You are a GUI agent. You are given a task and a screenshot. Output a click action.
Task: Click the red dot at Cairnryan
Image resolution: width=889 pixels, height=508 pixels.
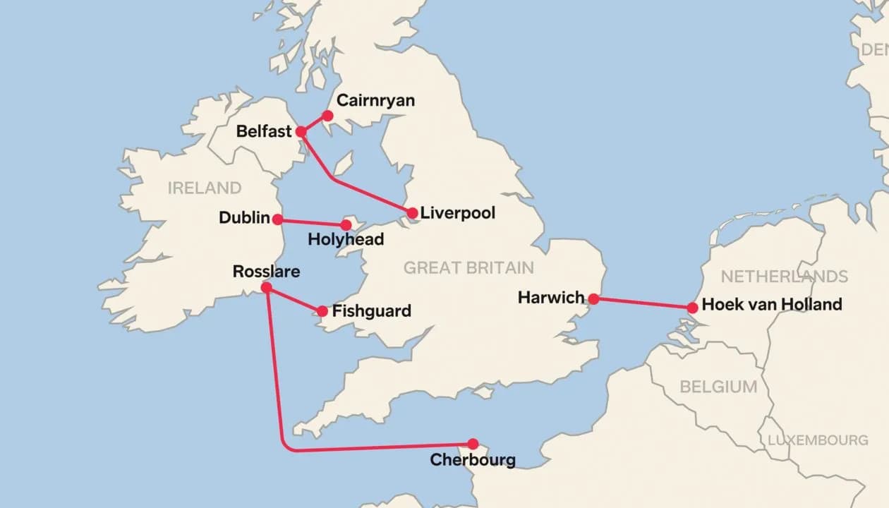327,116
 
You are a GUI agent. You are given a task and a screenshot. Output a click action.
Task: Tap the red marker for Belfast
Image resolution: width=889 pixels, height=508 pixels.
301,131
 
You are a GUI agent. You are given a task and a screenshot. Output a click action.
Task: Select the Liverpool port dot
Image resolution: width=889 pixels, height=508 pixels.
412,213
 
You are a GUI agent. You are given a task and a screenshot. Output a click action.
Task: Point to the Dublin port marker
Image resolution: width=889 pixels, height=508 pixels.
278,219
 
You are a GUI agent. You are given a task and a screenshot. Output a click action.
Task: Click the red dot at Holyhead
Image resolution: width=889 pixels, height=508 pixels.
346,225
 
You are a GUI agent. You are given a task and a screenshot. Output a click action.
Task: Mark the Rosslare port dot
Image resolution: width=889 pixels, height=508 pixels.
266,288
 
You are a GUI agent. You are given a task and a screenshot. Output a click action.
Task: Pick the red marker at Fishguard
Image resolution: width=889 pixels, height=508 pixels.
322,311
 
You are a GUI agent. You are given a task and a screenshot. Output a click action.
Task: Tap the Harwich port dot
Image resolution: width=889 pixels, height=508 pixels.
594,299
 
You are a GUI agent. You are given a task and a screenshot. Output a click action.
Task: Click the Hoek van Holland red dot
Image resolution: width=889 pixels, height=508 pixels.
692,308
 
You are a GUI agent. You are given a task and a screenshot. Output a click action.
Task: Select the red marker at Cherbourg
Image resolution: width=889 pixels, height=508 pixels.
473,444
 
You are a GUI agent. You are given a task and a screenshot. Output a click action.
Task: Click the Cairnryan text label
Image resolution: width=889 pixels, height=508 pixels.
375,101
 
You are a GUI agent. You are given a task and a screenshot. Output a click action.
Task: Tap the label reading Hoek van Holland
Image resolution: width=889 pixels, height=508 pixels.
772,305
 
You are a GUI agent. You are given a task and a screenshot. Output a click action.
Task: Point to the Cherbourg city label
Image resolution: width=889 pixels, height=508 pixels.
473,461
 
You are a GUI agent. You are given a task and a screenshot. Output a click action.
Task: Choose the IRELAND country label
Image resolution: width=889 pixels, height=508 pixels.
205,188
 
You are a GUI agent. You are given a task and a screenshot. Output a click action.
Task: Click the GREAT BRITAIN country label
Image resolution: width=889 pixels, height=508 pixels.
468,268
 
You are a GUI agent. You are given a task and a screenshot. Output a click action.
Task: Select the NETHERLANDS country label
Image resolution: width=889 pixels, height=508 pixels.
784,276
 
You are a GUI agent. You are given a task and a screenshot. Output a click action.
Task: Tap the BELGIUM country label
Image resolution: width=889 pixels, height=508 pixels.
718,387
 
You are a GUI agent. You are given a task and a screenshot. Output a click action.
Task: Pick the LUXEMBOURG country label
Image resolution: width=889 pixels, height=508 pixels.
818,440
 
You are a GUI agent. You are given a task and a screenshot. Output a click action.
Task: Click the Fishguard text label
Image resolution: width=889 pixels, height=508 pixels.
371,311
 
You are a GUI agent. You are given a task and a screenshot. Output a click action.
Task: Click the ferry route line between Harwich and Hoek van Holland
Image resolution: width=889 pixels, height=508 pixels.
643,303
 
